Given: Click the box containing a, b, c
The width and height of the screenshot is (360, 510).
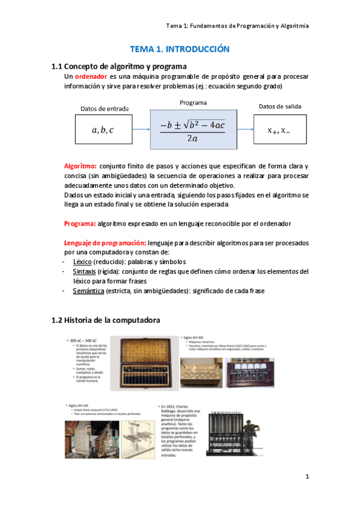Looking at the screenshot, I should point(102,129).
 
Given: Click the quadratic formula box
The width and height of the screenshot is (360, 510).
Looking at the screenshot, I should point(192,129).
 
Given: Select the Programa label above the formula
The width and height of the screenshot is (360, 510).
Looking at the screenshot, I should point(193,103).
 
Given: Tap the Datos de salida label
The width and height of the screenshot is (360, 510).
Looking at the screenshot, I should point(280,106).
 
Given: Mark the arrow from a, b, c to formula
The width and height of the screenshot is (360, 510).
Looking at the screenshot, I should point(141,129).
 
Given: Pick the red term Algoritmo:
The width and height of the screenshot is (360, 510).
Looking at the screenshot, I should point(81,165).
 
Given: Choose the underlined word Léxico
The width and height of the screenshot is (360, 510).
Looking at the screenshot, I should point(83,262).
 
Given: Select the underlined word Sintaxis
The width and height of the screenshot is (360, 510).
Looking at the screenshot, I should point(84,272).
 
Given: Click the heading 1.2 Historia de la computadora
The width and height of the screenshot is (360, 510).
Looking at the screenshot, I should point(106,321).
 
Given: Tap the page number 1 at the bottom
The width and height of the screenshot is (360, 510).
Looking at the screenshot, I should point(307,477).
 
